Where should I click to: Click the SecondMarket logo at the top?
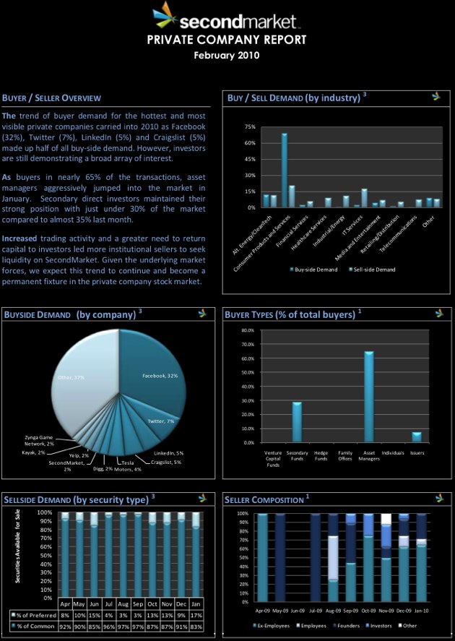pyautogui.click(x=227, y=16)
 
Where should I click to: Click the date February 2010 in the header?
pyautogui.click(x=227, y=55)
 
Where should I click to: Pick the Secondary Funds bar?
pyautogui.click(x=297, y=422)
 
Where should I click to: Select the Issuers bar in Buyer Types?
pyautogui.click(x=416, y=437)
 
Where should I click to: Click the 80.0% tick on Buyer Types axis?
pyautogui.click(x=247, y=330)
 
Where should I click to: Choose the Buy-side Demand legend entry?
pyautogui.click(x=315, y=270)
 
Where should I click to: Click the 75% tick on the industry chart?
pyautogui.click(x=250, y=126)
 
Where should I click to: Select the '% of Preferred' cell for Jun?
pyautogui.click(x=94, y=614)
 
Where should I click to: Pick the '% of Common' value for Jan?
pyautogui.click(x=196, y=625)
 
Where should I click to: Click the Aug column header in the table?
pyautogui.click(x=123, y=603)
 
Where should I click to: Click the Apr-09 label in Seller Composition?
pyautogui.click(x=262, y=609)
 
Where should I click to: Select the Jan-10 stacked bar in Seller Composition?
pyautogui.click(x=420, y=556)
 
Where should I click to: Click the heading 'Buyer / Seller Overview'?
pyautogui.click(x=51, y=98)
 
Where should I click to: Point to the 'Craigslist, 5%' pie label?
pyautogui.click(x=166, y=462)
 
